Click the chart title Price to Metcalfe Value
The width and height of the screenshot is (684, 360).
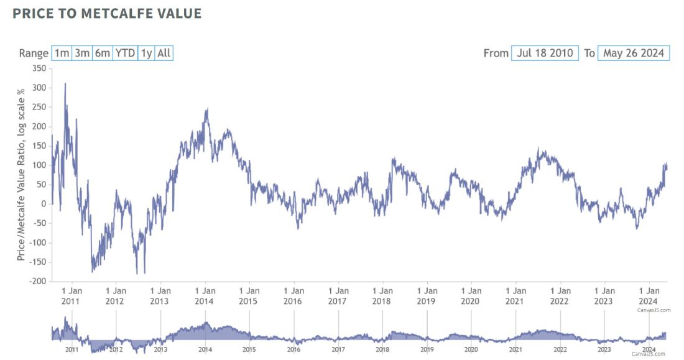[107, 14]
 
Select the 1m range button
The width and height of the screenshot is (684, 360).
[62, 53]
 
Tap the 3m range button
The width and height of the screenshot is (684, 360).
[82, 53]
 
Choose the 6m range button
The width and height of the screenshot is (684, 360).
[102, 53]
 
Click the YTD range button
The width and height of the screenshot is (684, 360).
[125, 53]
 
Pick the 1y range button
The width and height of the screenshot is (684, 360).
[146, 53]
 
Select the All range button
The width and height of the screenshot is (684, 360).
[164, 53]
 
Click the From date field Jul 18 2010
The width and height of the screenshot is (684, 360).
[545, 53]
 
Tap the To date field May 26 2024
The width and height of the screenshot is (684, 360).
[634, 53]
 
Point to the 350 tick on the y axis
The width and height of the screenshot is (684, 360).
[39, 68]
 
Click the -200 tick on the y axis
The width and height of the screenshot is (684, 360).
[37, 281]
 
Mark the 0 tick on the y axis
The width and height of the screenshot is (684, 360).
[44, 204]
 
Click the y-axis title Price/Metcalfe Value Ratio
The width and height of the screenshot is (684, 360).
[21, 174]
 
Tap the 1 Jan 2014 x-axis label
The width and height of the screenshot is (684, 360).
[205, 295]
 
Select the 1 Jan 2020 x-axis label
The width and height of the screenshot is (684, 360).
[471, 295]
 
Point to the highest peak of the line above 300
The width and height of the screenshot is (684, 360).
[65, 84]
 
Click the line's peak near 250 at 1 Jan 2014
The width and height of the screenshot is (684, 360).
[207, 109]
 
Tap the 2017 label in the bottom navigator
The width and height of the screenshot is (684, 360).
[338, 350]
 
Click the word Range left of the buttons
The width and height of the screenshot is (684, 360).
[34, 53]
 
